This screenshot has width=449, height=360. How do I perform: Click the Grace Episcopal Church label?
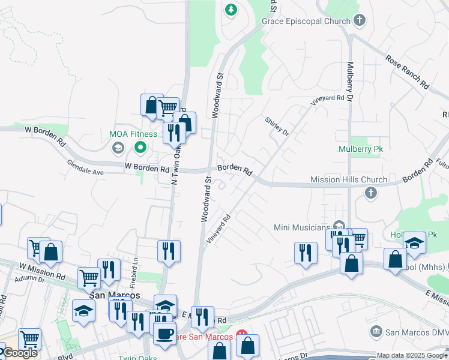tap(306, 22)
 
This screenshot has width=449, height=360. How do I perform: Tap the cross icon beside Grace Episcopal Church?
tap(359, 21)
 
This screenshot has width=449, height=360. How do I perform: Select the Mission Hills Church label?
tap(349, 179)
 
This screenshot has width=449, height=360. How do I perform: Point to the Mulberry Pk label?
tap(360, 149)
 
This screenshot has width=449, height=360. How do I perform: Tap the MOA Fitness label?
tap(133, 134)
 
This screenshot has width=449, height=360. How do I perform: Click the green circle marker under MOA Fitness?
tap(140, 146)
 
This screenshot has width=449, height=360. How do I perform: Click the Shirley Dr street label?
tap(277, 126)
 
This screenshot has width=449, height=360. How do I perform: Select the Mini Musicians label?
tap(303, 227)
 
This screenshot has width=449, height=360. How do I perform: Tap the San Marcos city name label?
tap(114, 295)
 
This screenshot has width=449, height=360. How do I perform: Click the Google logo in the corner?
tap(19, 353)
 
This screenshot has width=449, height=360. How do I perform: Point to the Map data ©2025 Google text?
tap(411, 355)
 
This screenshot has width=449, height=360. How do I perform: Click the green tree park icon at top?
tap(231, 10)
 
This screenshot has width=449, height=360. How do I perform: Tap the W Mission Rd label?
tap(42, 271)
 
